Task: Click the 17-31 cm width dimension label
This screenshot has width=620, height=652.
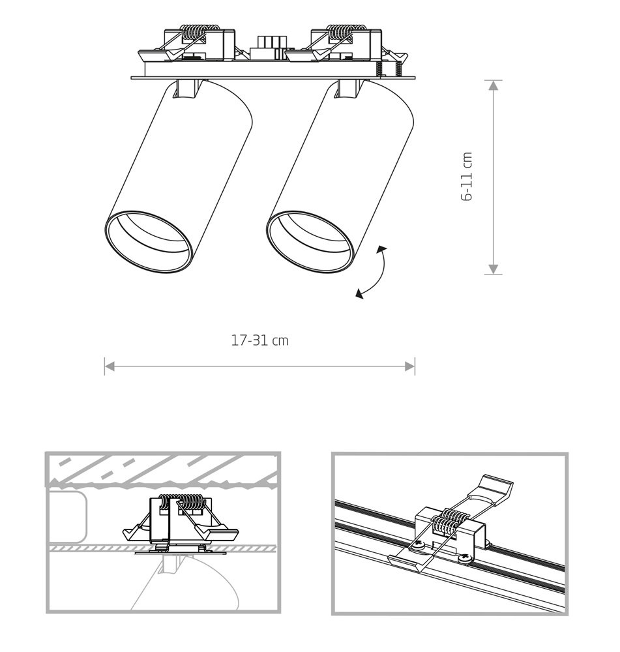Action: click(259, 340)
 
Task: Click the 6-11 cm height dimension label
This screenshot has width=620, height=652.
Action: click(467, 177)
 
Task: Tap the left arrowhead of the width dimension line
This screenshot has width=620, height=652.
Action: click(110, 366)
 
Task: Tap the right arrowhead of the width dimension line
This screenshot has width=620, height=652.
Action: click(410, 366)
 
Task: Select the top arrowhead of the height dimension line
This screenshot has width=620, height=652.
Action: click(493, 85)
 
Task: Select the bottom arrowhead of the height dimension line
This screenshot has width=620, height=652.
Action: click(493, 269)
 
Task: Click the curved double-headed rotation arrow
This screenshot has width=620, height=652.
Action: click(372, 273)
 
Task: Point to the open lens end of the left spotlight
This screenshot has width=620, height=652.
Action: click(149, 242)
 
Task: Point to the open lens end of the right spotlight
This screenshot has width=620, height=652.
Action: click(310, 242)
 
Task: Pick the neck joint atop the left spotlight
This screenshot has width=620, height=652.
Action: click(185, 89)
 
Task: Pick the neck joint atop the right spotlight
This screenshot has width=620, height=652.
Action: click(347, 89)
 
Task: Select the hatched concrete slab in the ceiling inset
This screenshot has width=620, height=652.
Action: click(162, 469)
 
